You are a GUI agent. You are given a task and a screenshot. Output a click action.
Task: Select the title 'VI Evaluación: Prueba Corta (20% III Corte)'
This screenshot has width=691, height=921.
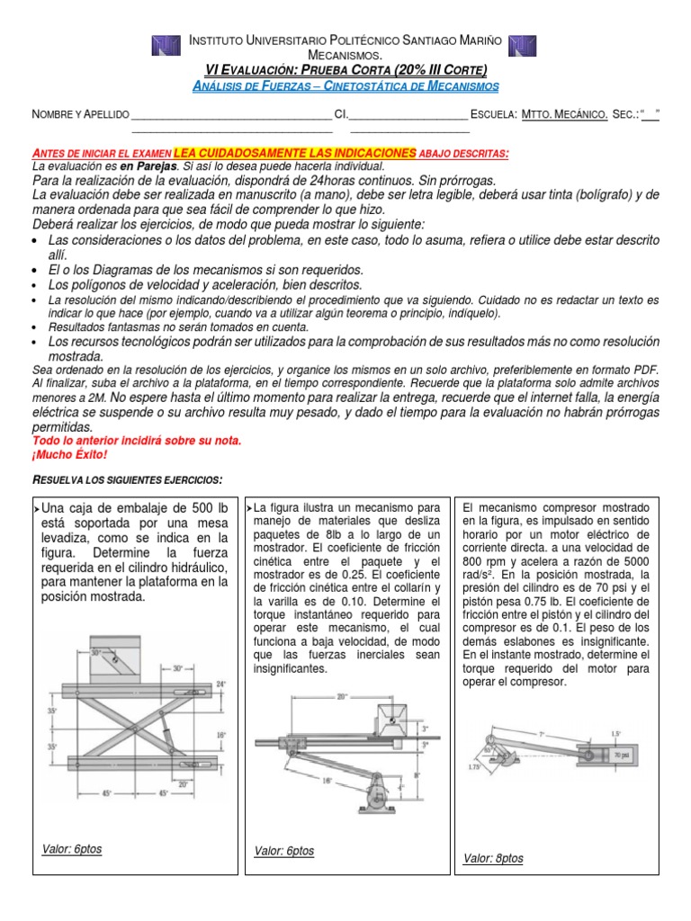pyautogui.click(x=346, y=70)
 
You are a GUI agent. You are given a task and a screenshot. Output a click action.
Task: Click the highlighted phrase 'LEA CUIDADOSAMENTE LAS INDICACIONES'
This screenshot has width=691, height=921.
pyautogui.click(x=295, y=153)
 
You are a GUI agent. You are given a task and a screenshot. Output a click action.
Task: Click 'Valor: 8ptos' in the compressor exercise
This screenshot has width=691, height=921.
pyautogui.click(x=493, y=858)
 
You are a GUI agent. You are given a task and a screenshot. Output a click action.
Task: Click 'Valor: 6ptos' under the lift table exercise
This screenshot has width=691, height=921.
pyautogui.click(x=72, y=849)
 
